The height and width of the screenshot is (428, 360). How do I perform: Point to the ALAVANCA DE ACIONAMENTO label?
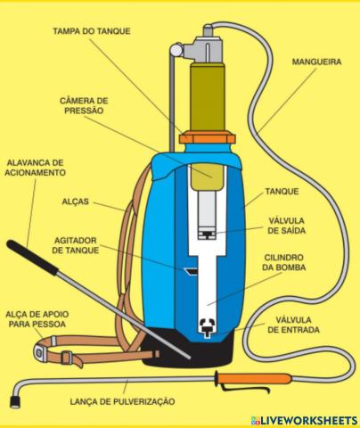coord(35,169)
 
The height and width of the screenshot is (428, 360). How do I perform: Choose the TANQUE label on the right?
coord(282,191)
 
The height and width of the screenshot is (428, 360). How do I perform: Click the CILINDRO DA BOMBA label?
coord(288,264)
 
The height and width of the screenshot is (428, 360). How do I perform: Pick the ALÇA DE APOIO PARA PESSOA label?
coord(34,318)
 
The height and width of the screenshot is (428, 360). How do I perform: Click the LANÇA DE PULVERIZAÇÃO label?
coord(122,402)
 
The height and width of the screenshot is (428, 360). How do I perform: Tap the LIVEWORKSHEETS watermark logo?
coord(304,419)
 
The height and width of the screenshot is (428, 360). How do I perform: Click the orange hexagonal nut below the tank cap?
coord(206,139)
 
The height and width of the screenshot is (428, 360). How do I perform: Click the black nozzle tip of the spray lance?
coord(14,402)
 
